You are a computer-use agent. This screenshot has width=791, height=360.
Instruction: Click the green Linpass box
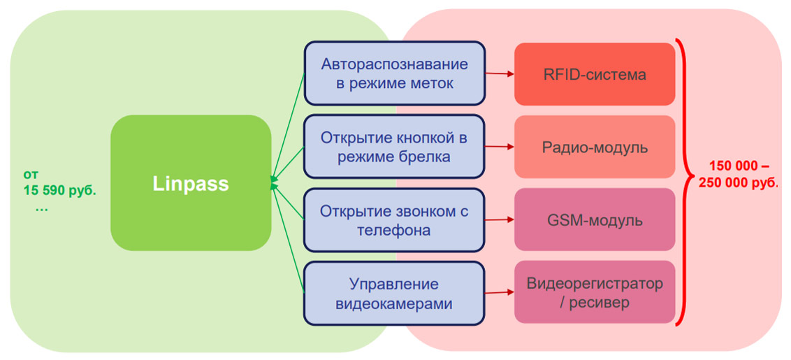pos(191,183)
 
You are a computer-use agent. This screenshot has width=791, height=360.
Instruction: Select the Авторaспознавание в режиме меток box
pos(394,74)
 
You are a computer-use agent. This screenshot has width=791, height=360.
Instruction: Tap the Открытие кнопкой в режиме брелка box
pos(394,147)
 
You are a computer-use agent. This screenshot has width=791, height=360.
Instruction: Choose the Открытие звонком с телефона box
pos(394,219)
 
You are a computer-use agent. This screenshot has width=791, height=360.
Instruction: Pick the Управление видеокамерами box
pos(394,294)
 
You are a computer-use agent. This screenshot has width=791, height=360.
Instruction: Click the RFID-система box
pos(595,74)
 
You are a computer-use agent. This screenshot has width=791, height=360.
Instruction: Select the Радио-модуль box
pos(595,147)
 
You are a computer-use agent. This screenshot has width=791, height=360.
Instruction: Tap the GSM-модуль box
pos(595,221)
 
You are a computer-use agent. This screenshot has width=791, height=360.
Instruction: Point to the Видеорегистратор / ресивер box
pos(595,293)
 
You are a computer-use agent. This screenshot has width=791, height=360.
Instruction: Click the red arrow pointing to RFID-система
pos(499,73)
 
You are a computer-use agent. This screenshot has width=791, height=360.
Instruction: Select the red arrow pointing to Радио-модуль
pos(499,147)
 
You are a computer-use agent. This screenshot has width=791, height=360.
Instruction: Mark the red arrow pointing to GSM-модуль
pos(499,220)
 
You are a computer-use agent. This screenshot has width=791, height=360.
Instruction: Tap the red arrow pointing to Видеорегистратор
pos(499,294)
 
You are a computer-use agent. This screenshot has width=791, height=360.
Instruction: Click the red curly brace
pos(683,182)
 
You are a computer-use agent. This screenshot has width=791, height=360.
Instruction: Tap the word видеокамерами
pos(394,303)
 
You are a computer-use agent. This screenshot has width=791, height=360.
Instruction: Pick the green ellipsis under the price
pos(41,208)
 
